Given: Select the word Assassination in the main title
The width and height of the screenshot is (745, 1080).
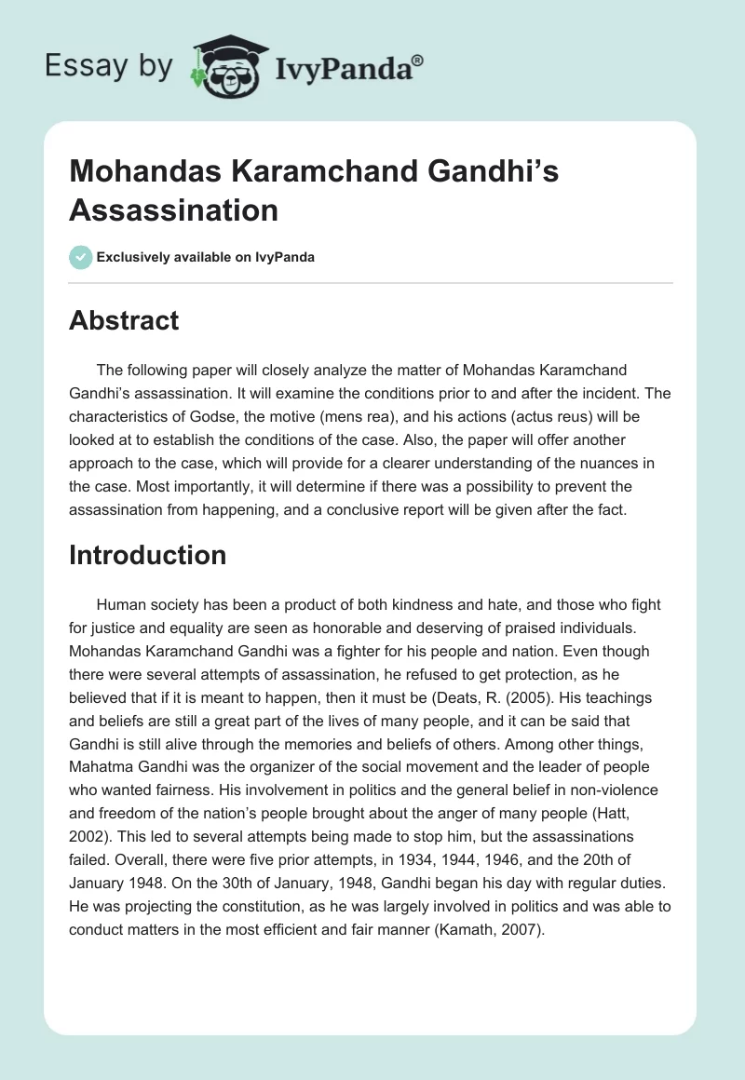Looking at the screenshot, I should click(174, 209).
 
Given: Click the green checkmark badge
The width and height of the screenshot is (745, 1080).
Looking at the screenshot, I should click(80, 257).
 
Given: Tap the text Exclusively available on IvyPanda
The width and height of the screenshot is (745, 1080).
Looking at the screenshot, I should click(206, 257).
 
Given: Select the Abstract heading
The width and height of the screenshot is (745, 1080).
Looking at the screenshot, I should click(124, 320).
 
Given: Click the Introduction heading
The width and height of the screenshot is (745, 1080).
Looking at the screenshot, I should click(147, 555).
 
